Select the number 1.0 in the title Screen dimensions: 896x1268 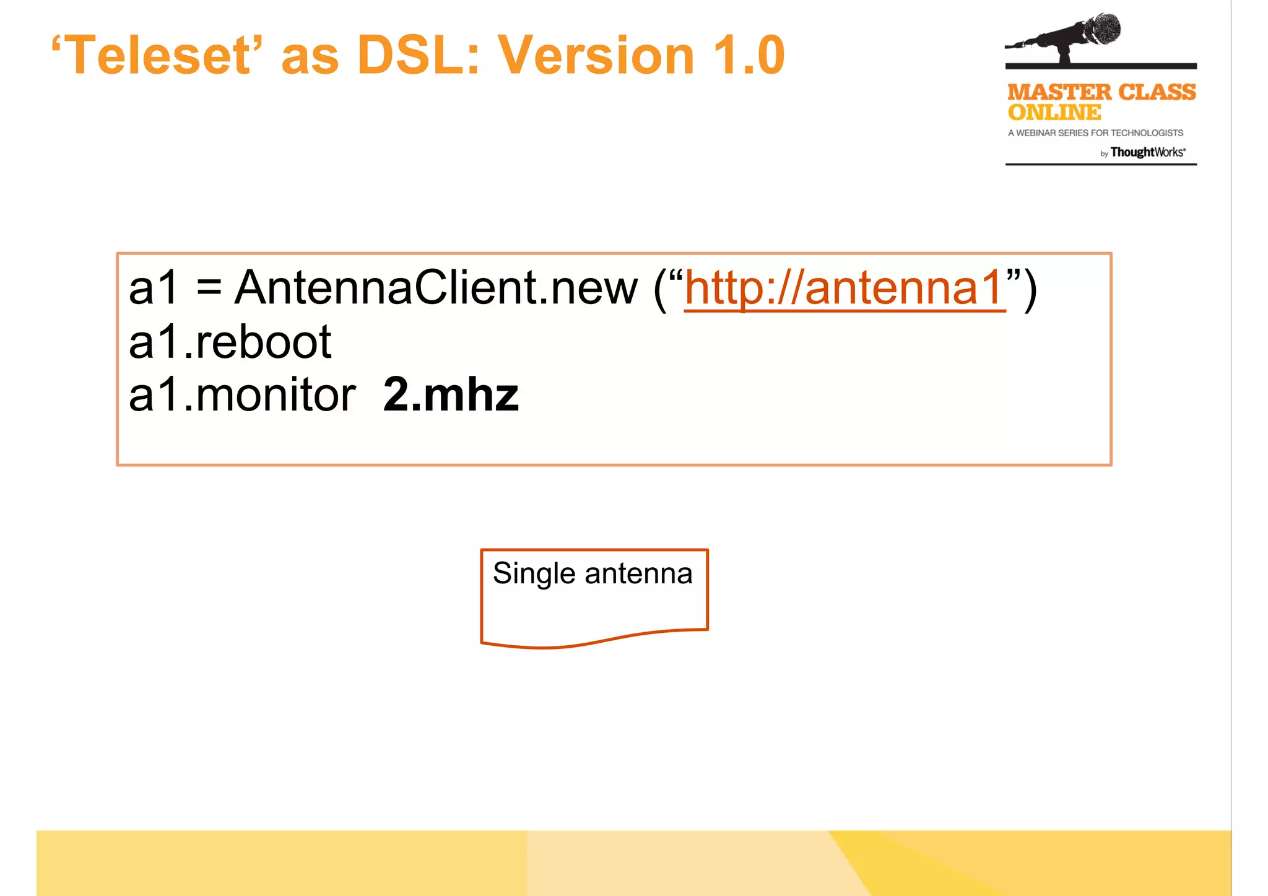coord(749,56)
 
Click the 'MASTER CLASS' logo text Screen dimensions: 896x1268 coord(1101,92)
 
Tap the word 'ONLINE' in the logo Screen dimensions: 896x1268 coord(1054,113)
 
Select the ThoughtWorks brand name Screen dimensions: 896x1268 coord(1147,152)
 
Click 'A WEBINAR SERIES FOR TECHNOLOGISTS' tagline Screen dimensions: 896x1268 coord(1095,133)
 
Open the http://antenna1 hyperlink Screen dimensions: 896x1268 coord(844,288)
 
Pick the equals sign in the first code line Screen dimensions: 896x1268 coord(209,289)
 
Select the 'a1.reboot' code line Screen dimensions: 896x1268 coord(230,342)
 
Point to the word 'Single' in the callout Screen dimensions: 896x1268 coord(534,574)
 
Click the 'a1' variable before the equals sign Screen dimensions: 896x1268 coord(153,288)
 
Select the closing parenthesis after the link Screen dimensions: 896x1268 coord(1030,289)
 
